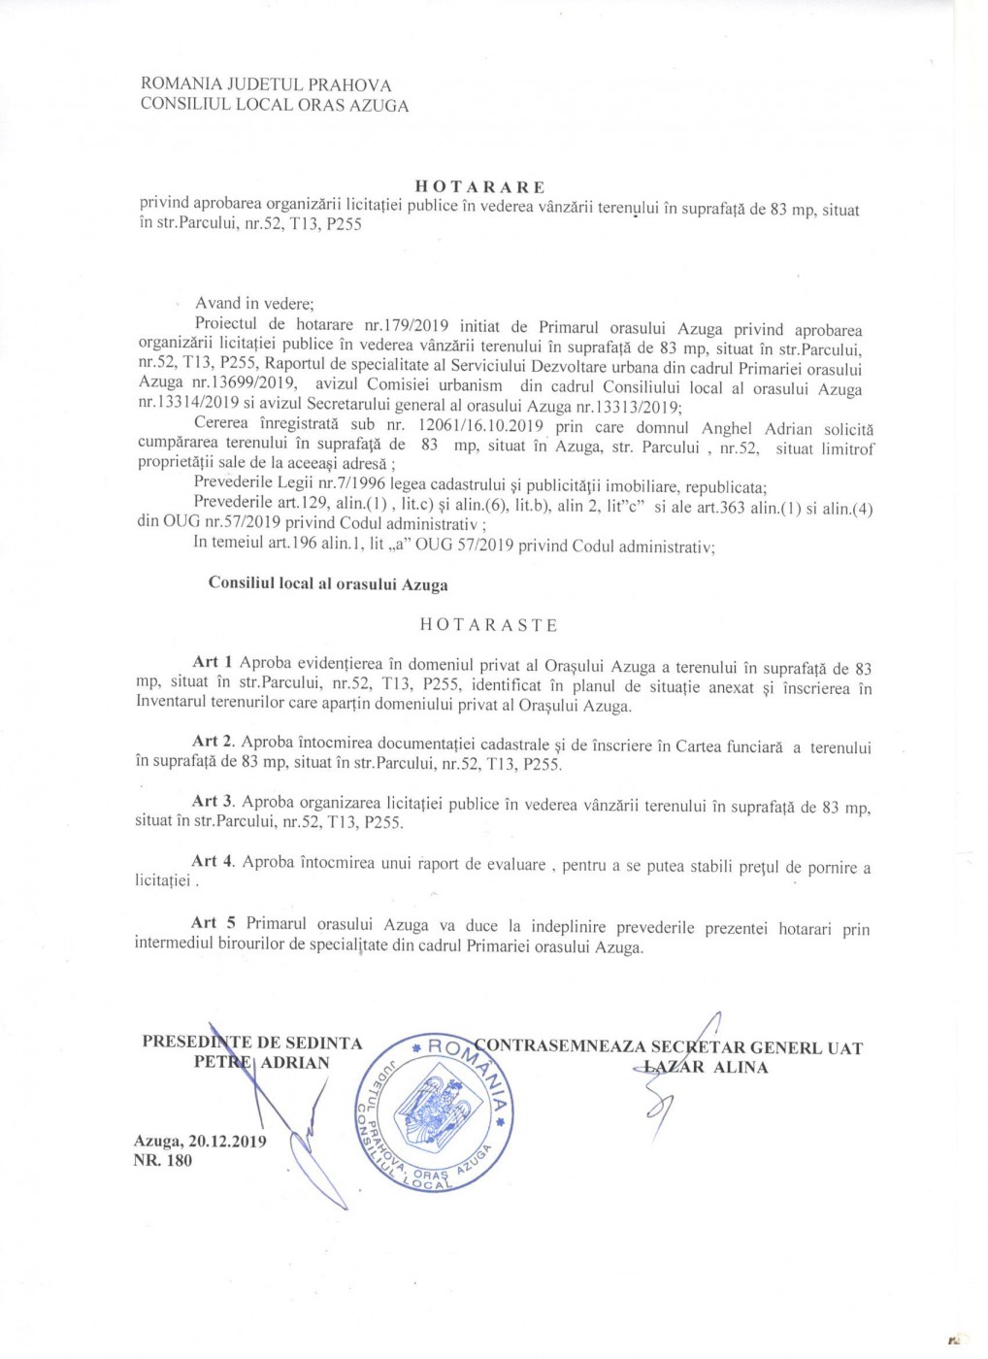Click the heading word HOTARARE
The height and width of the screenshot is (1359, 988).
point(480,186)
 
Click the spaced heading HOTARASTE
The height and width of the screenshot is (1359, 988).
point(488,625)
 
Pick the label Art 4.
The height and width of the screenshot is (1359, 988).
point(213,861)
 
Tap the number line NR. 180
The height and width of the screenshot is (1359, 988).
point(163,1160)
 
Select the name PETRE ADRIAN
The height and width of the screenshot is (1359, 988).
point(261,1062)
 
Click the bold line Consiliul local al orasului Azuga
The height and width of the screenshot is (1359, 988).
point(328,584)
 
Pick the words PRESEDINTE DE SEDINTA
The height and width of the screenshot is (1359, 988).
point(251,1043)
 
